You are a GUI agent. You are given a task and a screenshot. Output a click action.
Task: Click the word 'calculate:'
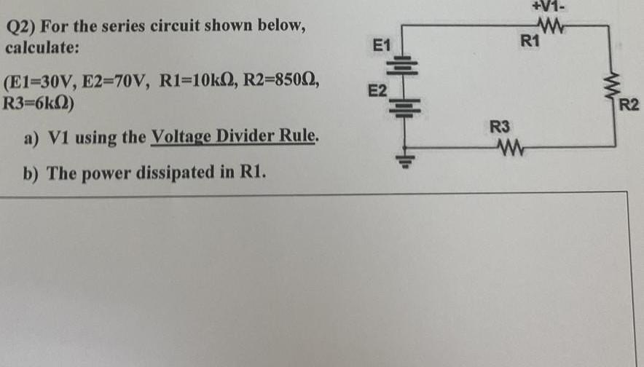[42, 47]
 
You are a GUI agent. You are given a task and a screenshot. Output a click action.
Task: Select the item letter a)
[32, 137]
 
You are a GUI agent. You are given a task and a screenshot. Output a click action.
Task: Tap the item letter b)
[32, 173]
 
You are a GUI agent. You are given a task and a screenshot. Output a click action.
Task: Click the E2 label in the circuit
[377, 91]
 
